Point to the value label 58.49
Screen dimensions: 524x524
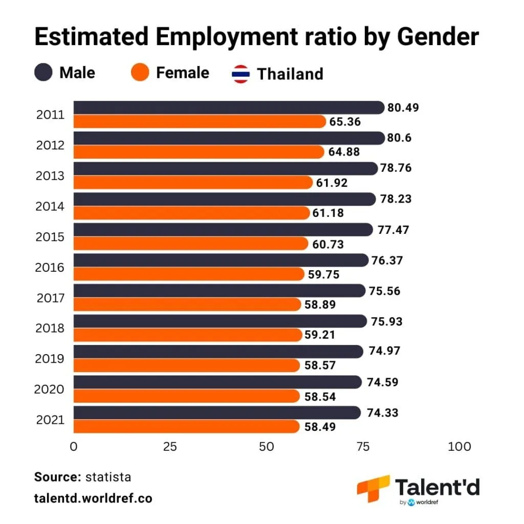[320, 426]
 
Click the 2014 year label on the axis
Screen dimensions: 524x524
[50, 206]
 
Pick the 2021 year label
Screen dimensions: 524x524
[50, 420]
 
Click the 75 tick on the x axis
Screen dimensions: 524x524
[362, 447]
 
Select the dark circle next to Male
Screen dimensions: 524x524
[44, 72]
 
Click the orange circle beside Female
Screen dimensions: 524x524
[140, 72]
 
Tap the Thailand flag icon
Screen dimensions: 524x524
[241, 74]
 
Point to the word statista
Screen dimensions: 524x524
[108, 477]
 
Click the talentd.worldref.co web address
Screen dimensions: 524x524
[93, 498]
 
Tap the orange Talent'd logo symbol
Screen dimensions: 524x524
[373, 489]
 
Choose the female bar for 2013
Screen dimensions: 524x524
[192, 183]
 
